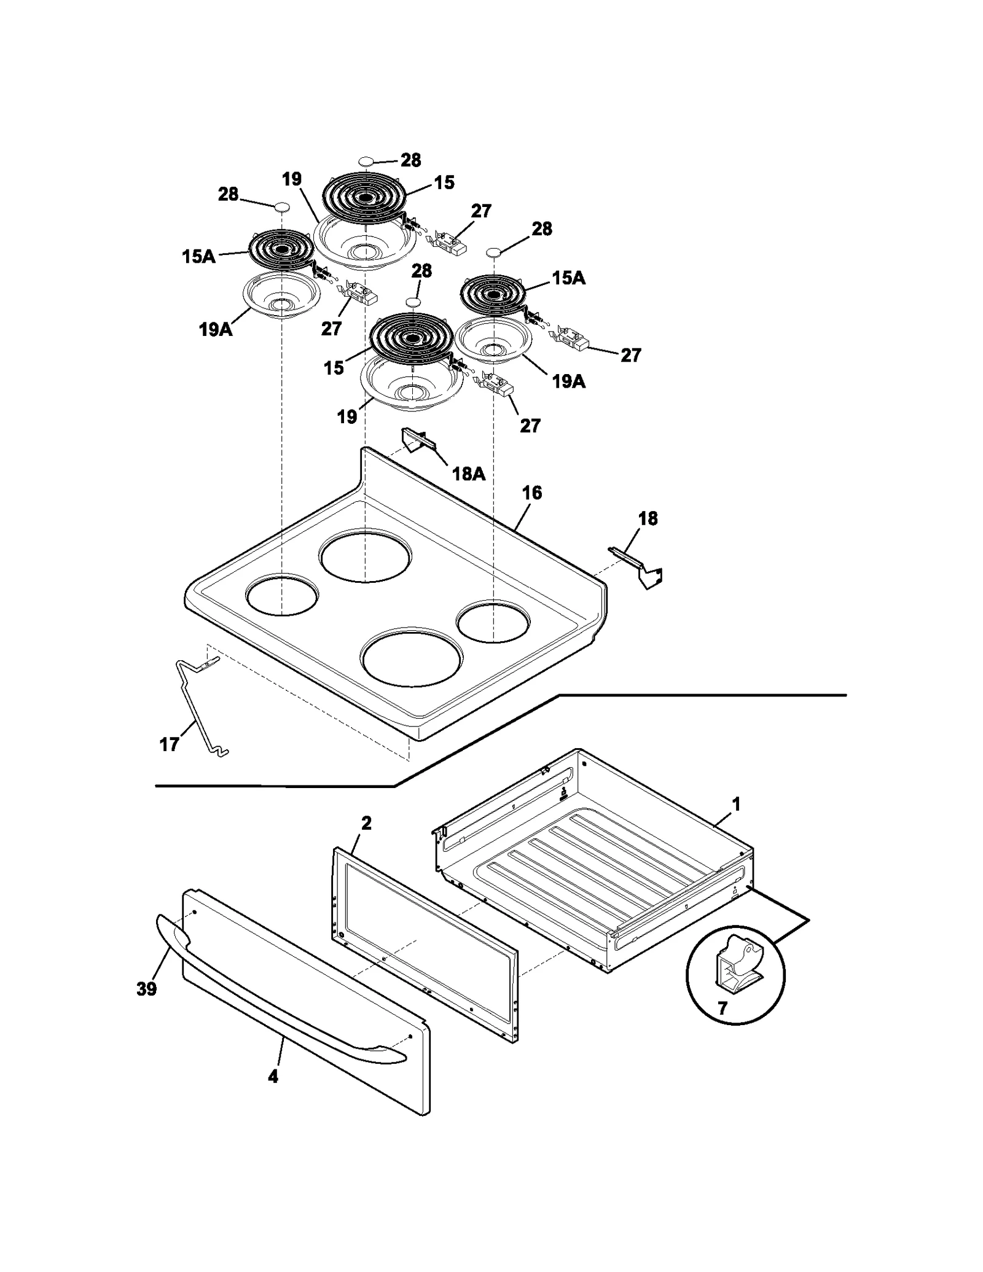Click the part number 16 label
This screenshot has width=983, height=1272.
click(531, 493)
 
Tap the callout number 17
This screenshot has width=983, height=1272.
click(169, 745)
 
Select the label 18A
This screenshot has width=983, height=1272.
click(468, 474)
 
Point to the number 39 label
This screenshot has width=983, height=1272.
click(146, 989)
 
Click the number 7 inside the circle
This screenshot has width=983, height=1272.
click(723, 1009)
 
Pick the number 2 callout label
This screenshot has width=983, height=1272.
click(366, 824)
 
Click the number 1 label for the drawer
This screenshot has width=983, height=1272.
click(736, 804)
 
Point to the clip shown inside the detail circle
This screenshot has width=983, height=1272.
click(737, 964)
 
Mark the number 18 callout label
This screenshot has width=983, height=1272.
click(648, 519)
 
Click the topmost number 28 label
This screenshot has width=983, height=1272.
click(410, 160)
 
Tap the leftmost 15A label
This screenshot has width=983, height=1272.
click(198, 257)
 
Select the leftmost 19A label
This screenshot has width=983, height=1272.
click(215, 330)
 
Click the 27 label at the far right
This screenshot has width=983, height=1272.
click(630, 355)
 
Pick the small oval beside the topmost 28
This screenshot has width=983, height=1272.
click(366, 161)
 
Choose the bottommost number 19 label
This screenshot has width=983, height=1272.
click(347, 417)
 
